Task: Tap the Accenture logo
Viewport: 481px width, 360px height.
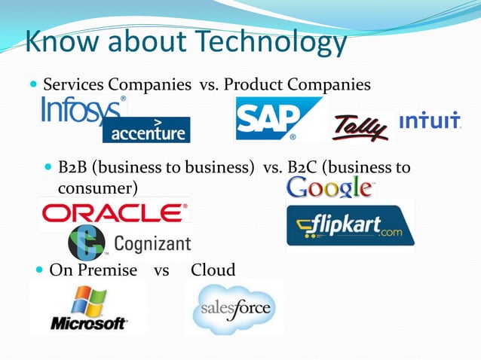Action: click(147, 130)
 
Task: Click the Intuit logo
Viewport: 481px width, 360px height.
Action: click(430, 121)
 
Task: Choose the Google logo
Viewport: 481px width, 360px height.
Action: click(329, 187)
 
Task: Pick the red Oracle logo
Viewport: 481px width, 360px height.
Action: click(115, 214)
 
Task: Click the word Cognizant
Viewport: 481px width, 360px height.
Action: click(152, 244)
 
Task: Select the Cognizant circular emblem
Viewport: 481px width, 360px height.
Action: click(87, 243)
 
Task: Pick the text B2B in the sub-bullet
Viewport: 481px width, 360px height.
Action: click(74, 166)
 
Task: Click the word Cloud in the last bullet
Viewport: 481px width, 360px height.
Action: click(213, 270)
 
